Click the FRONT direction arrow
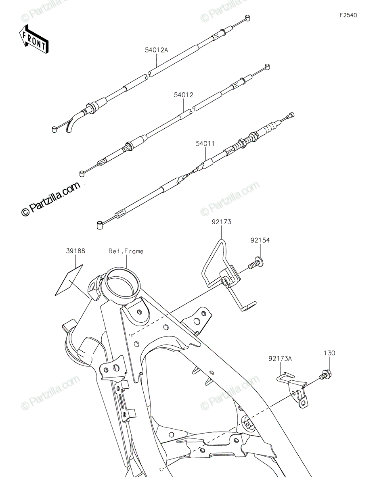pos(34,40)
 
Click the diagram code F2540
pos(348,15)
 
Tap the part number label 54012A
pos(156,50)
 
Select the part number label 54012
pos(184,95)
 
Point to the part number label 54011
pos(205,144)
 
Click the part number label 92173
pos(222,222)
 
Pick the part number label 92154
pos(260,240)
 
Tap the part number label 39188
pos(75,251)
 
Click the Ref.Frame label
pos(126,251)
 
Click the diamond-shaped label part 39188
pos(69,280)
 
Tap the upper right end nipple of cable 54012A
pos(247,18)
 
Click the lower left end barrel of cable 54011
pos(100,225)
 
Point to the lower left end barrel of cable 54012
pos(82,173)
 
